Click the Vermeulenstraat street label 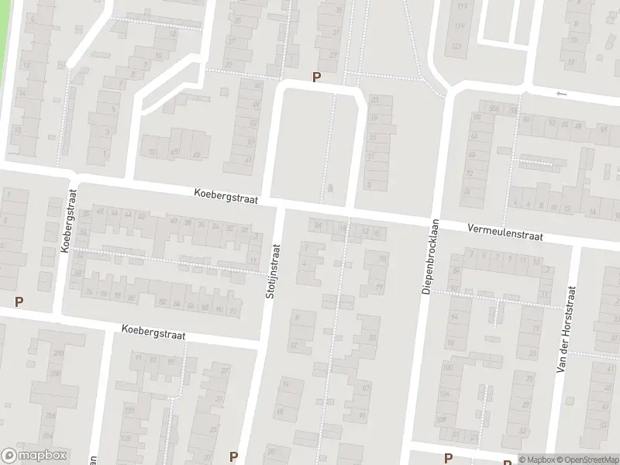[505, 231]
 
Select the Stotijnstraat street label [274, 273]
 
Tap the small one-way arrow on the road [562, 94]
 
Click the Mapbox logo [34, 456]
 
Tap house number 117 [463, 7]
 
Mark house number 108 [441, 419]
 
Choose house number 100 [454, 288]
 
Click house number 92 [233, 312]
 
